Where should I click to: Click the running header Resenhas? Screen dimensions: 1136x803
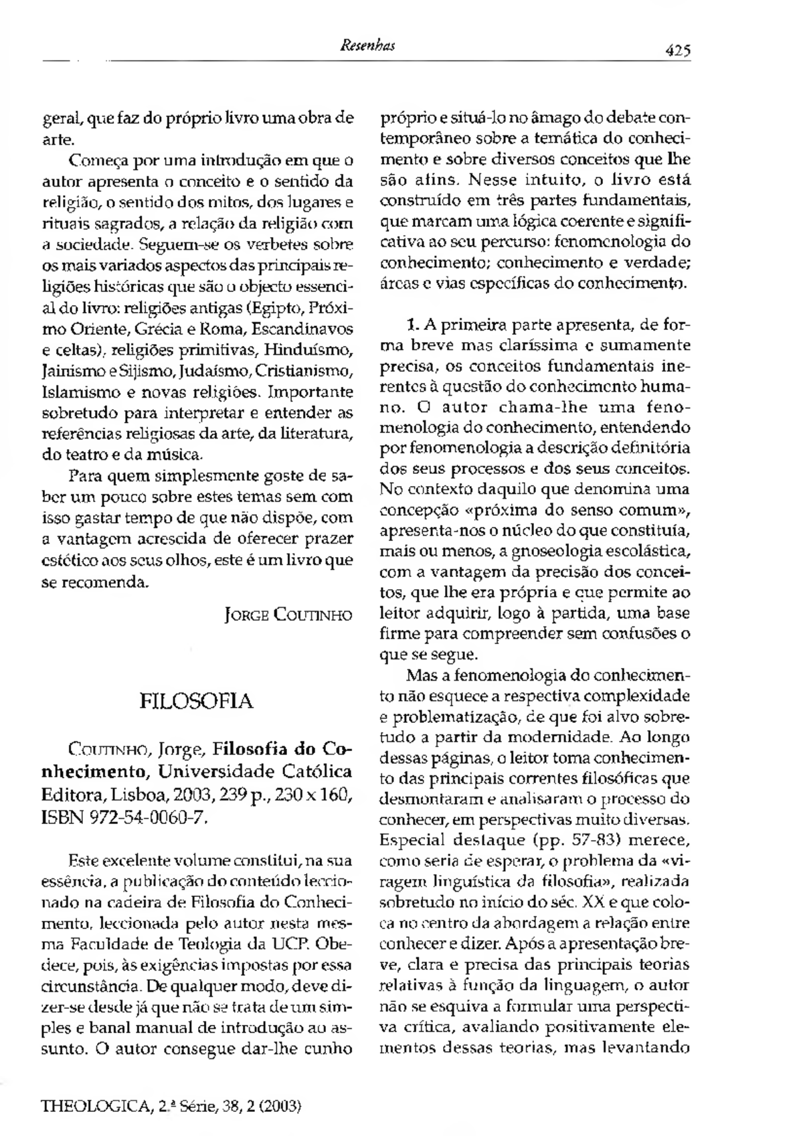367,46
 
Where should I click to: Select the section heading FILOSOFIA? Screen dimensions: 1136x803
196,701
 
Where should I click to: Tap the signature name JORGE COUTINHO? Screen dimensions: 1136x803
288,615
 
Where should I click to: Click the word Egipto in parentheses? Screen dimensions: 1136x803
278,309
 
